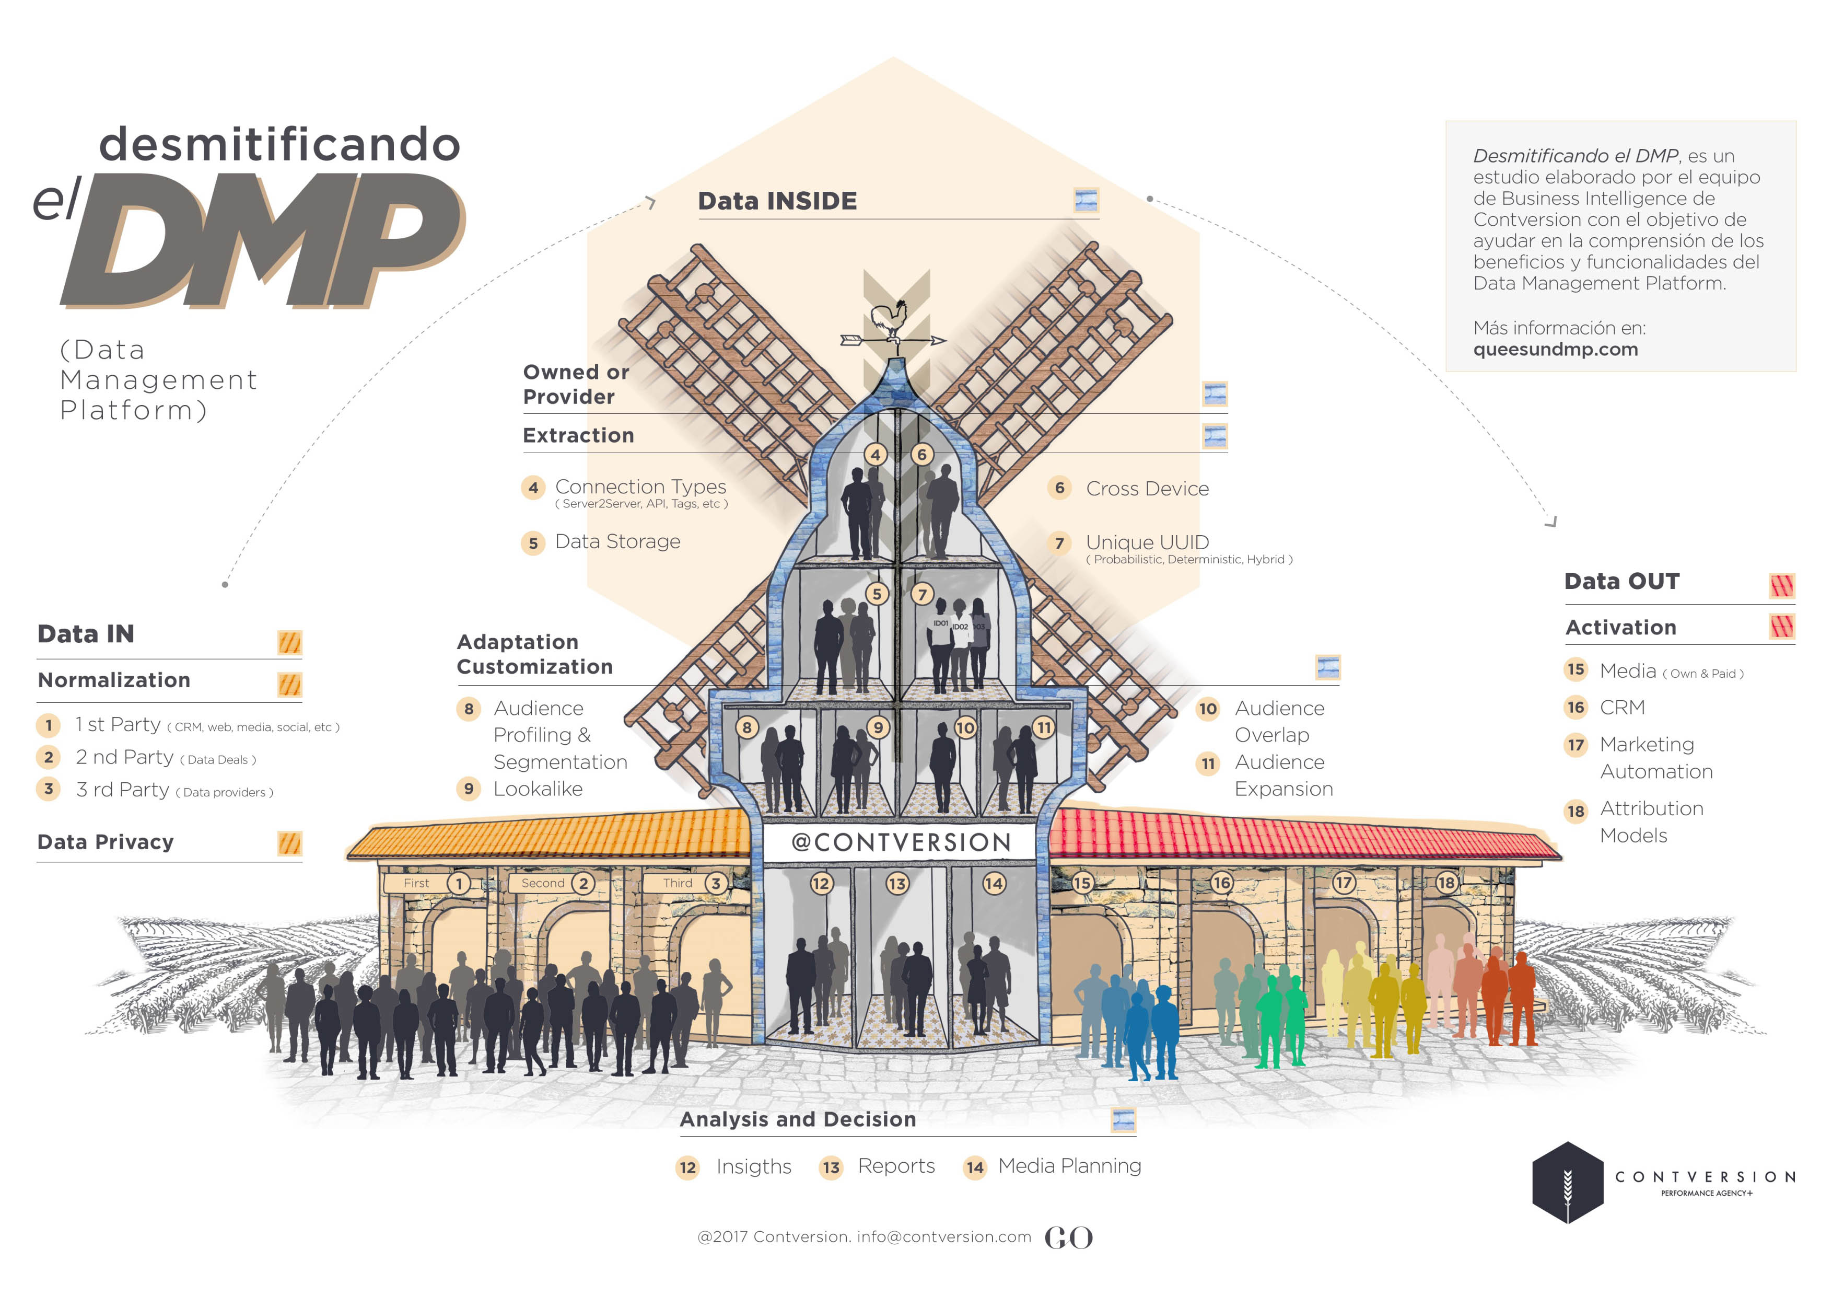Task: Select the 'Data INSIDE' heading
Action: tap(777, 201)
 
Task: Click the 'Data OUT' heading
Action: tap(1621, 581)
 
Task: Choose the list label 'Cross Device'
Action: tap(1147, 489)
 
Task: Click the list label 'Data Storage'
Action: tap(617, 542)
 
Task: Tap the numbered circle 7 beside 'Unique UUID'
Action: tap(1059, 543)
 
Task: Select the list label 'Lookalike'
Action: tap(538, 789)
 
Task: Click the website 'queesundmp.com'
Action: tap(1555, 350)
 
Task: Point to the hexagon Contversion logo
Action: tap(1567, 1183)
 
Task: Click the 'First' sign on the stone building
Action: tap(416, 883)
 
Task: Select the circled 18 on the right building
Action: tap(1446, 883)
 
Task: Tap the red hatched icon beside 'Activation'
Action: tap(1782, 627)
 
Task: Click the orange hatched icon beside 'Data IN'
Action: tap(289, 642)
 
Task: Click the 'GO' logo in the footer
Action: tap(1068, 1238)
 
